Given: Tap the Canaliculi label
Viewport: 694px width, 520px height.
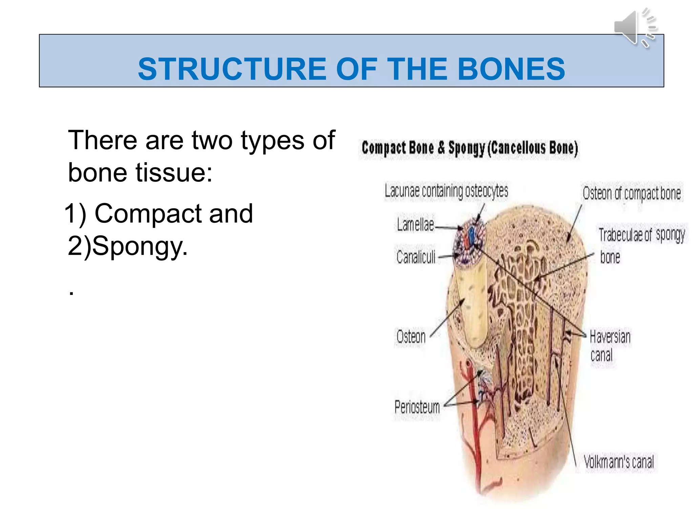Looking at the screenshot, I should pyautogui.click(x=416, y=257).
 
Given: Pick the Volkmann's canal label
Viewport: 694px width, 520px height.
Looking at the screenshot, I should pyautogui.click(x=619, y=462).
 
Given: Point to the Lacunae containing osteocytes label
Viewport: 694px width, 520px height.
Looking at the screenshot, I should pyautogui.click(x=446, y=191).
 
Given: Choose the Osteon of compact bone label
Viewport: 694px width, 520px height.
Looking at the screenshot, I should pyautogui.click(x=632, y=194).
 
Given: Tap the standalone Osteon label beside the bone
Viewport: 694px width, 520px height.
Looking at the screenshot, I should pyautogui.click(x=411, y=337).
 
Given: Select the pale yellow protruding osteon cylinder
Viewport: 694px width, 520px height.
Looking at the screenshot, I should pyautogui.click(x=471, y=305).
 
